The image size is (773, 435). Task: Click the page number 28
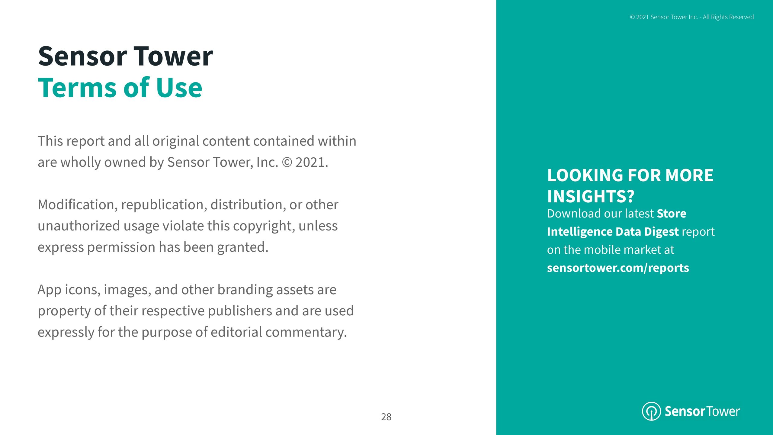click(x=386, y=417)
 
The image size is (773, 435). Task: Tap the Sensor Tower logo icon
click(x=651, y=411)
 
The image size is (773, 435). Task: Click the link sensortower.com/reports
click(x=618, y=268)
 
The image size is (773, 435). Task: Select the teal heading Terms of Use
click(x=120, y=88)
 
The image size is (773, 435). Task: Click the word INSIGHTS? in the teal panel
click(x=591, y=196)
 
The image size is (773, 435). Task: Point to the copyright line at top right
click(x=692, y=17)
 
